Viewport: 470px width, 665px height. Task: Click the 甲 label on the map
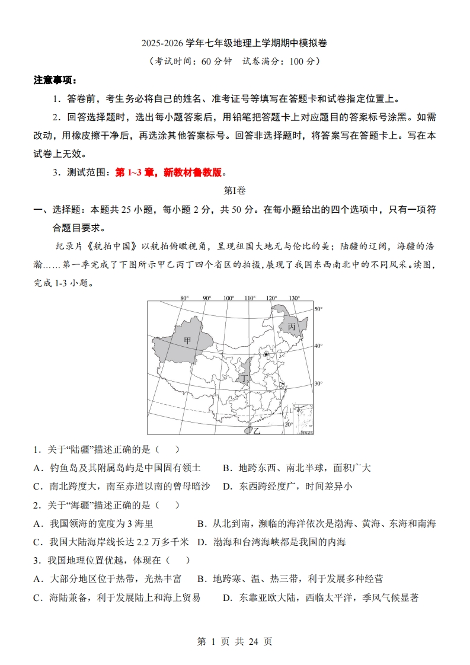click(x=187, y=340)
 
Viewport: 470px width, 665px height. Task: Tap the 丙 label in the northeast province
click(x=291, y=327)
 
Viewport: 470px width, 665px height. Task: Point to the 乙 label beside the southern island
click(x=257, y=431)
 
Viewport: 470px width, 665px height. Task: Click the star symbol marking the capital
click(x=266, y=354)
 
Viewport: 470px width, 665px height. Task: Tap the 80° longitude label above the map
click(x=184, y=298)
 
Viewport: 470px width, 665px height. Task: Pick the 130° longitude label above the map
click(x=294, y=298)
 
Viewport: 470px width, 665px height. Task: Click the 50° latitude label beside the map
click(x=318, y=309)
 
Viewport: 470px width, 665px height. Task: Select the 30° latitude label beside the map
click(x=318, y=383)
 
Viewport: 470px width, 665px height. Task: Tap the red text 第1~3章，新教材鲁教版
click(x=170, y=172)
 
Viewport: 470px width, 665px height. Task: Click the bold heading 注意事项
click(x=55, y=80)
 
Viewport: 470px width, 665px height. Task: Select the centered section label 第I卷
click(x=235, y=191)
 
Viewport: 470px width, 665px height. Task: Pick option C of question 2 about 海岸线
click(x=111, y=542)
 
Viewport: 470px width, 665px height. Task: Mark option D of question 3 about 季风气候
click(x=321, y=597)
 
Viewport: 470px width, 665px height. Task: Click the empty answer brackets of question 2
click(x=168, y=505)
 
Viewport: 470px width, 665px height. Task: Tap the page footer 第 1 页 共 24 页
click(x=235, y=641)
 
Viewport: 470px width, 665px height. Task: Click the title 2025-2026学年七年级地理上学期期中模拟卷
click(x=235, y=43)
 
